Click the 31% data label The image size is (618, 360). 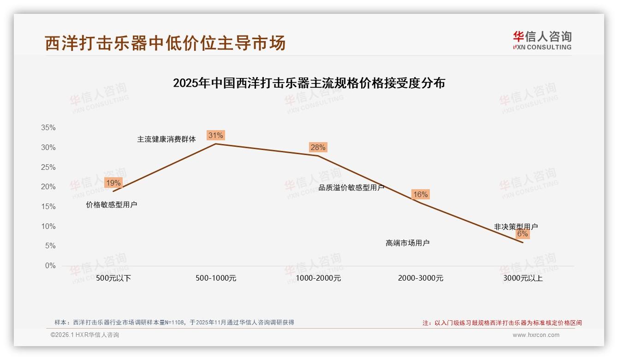pyautogui.click(x=215, y=135)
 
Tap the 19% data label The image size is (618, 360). pyautogui.click(x=113, y=183)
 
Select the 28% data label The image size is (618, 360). pyautogui.click(x=318, y=147)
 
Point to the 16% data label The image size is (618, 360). pyautogui.click(x=420, y=194)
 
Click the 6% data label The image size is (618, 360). pyautogui.click(x=522, y=234)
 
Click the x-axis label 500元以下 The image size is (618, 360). pyautogui.click(x=113, y=278)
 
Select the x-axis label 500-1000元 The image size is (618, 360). pyautogui.click(x=216, y=278)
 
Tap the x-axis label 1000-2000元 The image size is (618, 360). pyautogui.click(x=318, y=278)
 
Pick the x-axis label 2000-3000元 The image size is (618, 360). pyautogui.click(x=421, y=278)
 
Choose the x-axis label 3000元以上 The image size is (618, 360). pyautogui.click(x=523, y=278)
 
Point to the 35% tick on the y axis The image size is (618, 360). pyautogui.click(x=48, y=128)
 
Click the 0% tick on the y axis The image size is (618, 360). pyautogui.click(x=50, y=266)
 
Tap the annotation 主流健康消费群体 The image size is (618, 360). pyautogui.click(x=166, y=139)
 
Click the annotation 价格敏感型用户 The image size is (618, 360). pyautogui.click(x=112, y=204)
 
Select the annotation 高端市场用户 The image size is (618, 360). pyautogui.click(x=408, y=243)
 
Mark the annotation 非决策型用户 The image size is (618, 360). pyautogui.click(x=516, y=227)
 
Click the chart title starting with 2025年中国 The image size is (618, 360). pyautogui.click(x=309, y=83)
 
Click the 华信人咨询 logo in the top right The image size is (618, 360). pyautogui.click(x=542, y=40)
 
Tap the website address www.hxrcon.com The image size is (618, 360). pyautogui.click(x=536, y=335)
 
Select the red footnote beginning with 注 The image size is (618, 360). pyautogui.click(x=502, y=323)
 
